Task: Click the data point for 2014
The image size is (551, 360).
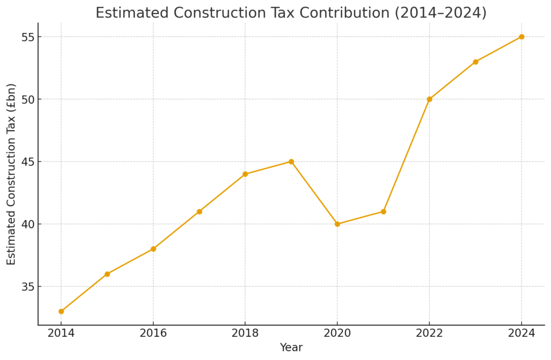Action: click(61, 311)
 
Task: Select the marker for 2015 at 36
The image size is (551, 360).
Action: click(107, 274)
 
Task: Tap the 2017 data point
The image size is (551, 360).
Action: click(199, 211)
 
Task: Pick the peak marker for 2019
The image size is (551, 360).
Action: click(291, 161)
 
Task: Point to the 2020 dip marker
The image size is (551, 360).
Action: click(337, 224)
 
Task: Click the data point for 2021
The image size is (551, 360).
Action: click(383, 211)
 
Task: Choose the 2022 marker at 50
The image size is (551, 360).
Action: click(429, 99)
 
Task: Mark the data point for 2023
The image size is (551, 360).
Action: click(475, 62)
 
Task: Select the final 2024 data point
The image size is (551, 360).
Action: click(521, 37)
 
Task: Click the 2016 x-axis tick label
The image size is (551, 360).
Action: click(153, 334)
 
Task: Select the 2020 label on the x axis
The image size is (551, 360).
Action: click(337, 334)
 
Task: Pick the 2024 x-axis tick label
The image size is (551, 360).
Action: click(521, 334)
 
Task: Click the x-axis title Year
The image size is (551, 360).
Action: click(291, 348)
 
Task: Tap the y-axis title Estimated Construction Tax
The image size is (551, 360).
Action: click(12, 174)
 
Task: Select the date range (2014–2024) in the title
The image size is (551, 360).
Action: click(441, 13)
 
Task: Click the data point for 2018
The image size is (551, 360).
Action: click(245, 174)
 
